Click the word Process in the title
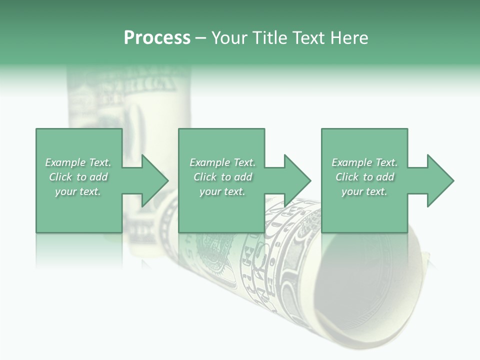coord(157,38)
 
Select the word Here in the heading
coord(348,38)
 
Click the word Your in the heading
coord(230,38)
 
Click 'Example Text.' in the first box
coord(78,162)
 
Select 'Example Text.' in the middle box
coord(222,162)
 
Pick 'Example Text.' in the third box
coord(364,162)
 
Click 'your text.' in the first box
coord(78,191)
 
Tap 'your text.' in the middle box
coord(222,191)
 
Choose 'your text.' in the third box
coord(364,191)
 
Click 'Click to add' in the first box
coord(78,177)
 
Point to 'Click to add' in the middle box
coord(222,177)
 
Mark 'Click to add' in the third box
coord(364,177)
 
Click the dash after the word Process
coord(200,38)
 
